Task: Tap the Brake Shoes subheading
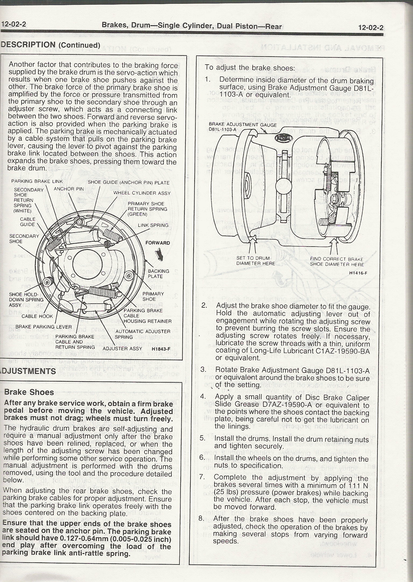[29, 392]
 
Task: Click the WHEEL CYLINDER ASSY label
[142, 193]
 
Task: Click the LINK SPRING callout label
[153, 225]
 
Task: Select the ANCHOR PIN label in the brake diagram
[69, 189]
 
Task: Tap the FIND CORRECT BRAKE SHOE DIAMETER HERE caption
[337, 262]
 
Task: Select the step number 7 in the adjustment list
[202, 477]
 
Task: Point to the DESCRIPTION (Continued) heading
[50, 45]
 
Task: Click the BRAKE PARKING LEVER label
[44, 327]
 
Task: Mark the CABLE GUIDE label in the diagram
[27, 222]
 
